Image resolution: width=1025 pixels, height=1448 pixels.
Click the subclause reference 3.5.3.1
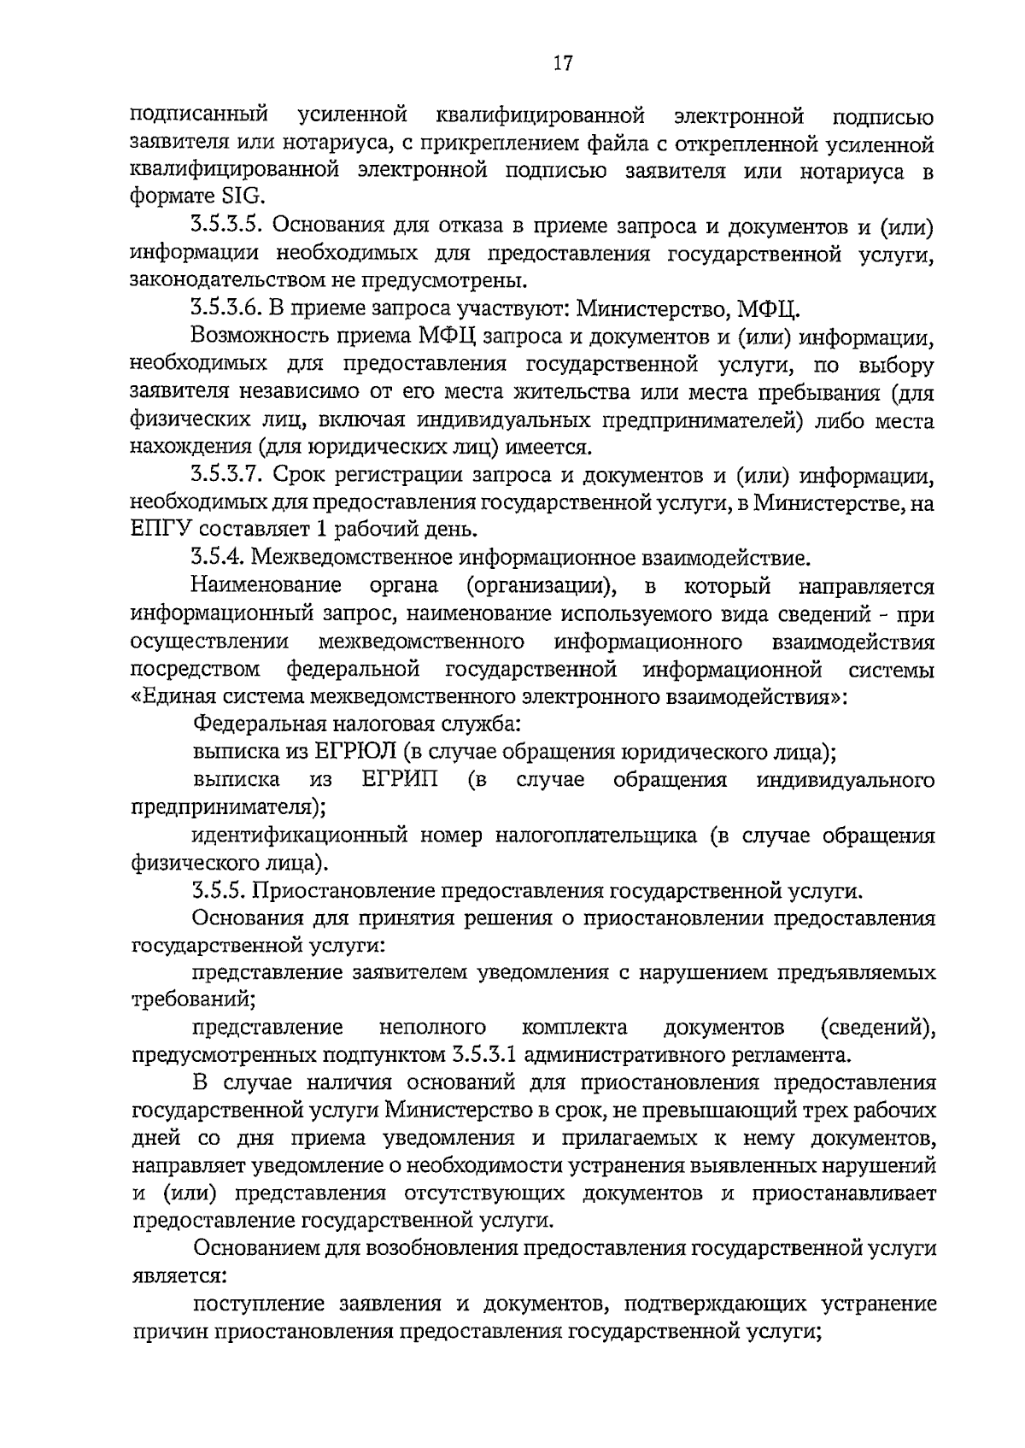point(484,1054)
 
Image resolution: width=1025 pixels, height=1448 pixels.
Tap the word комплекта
point(574,1026)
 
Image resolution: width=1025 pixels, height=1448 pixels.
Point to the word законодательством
point(225,281)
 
